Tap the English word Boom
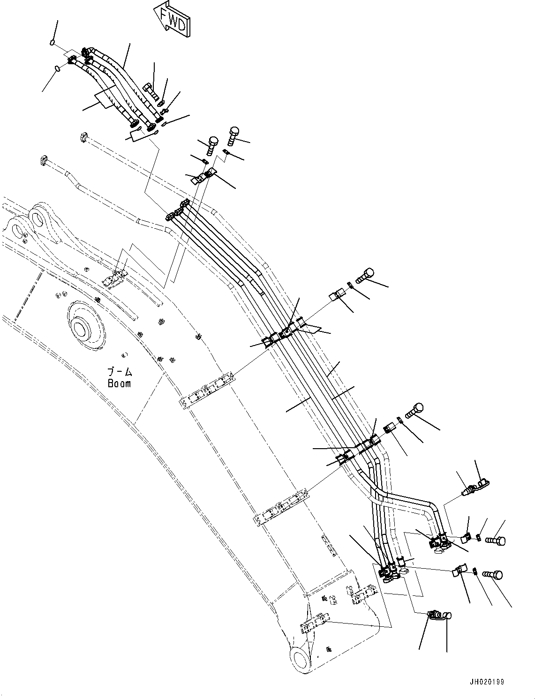tap(119, 383)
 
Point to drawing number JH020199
tap(486, 682)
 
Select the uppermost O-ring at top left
tap(52, 44)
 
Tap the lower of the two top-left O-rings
tap(57, 69)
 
